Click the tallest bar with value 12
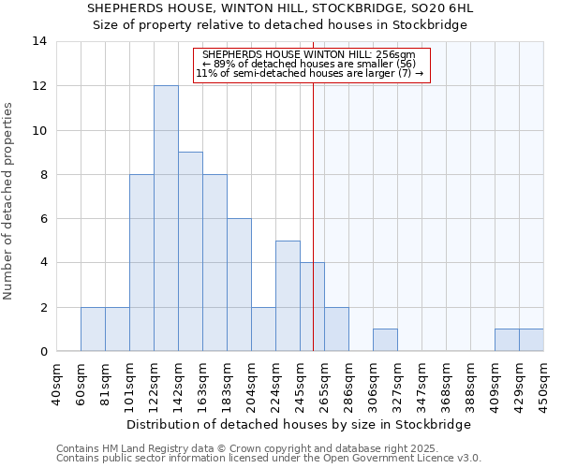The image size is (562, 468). tap(166, 218)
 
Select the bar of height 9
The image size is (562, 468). tap(190, 252)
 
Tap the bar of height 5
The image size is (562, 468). tap(288, 296)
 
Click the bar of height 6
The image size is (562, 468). tap(239, 285)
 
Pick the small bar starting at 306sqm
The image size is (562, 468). tap(385, 341)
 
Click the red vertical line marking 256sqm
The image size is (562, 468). tap(313, 206)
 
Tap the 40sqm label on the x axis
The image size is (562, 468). tap(57, 383)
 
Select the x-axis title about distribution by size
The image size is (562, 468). tap(298, 424)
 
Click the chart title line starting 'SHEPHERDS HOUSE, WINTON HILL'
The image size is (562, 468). tap(281, 8)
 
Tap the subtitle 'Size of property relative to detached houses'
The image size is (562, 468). tap(281, 24)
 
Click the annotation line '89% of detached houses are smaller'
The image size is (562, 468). tap(309, 64)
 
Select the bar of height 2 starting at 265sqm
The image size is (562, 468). tap(336, 329)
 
